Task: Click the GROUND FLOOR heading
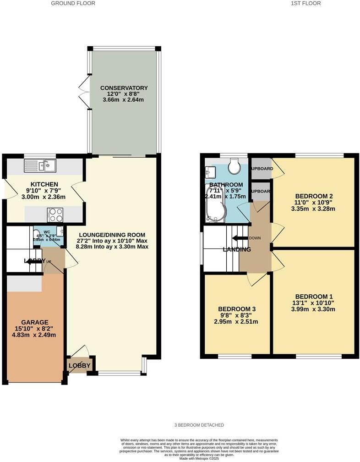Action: tap(73, 3)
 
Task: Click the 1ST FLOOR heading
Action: tap(305, 3)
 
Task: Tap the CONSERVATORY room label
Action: tap(124, 88)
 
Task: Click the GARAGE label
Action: tap(35, 322)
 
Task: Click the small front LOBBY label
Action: tap(80, 365)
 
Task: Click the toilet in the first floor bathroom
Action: tap(234, 167)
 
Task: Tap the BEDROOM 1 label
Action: tap(314, 296)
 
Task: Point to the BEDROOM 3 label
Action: tap(236, 309)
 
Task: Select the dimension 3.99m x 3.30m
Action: tap(314, 309)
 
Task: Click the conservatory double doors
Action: tap(83, 87)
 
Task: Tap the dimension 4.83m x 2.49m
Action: tap(35, 335)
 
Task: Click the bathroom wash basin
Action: tap(211, 171)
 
